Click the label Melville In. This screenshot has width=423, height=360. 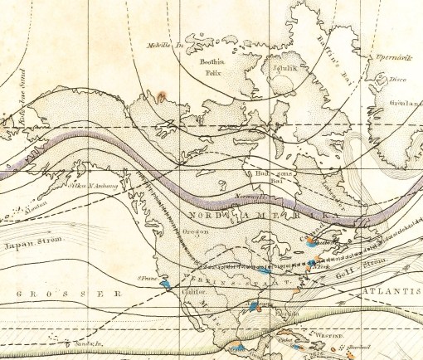pyautogui.click(x=163, y=45)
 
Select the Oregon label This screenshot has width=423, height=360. pyautogui.click(x=196, y=231)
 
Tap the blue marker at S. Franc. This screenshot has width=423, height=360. pyautogui.click(x=166, y=284)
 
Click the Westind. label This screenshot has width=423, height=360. pyautogui.click(x=325, y=337)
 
